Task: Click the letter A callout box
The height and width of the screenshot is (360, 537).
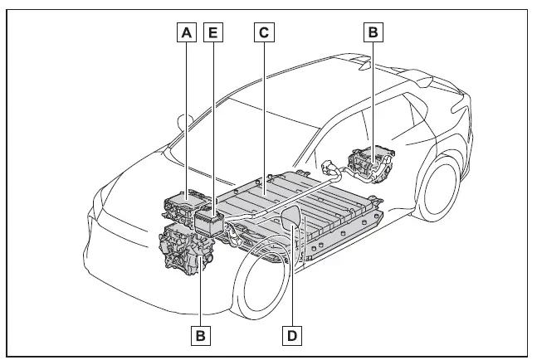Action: (x=188, y=32)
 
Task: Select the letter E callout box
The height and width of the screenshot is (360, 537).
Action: (x=214, y=32)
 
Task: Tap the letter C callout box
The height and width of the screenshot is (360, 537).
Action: (x=264, y=32)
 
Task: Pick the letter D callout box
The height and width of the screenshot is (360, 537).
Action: (x=291, y=334)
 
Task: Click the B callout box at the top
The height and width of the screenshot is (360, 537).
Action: (x=373, y=32)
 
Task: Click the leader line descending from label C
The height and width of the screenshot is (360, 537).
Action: (x=264, y=108)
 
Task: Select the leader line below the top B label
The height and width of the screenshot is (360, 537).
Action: (x=373, y=91)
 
